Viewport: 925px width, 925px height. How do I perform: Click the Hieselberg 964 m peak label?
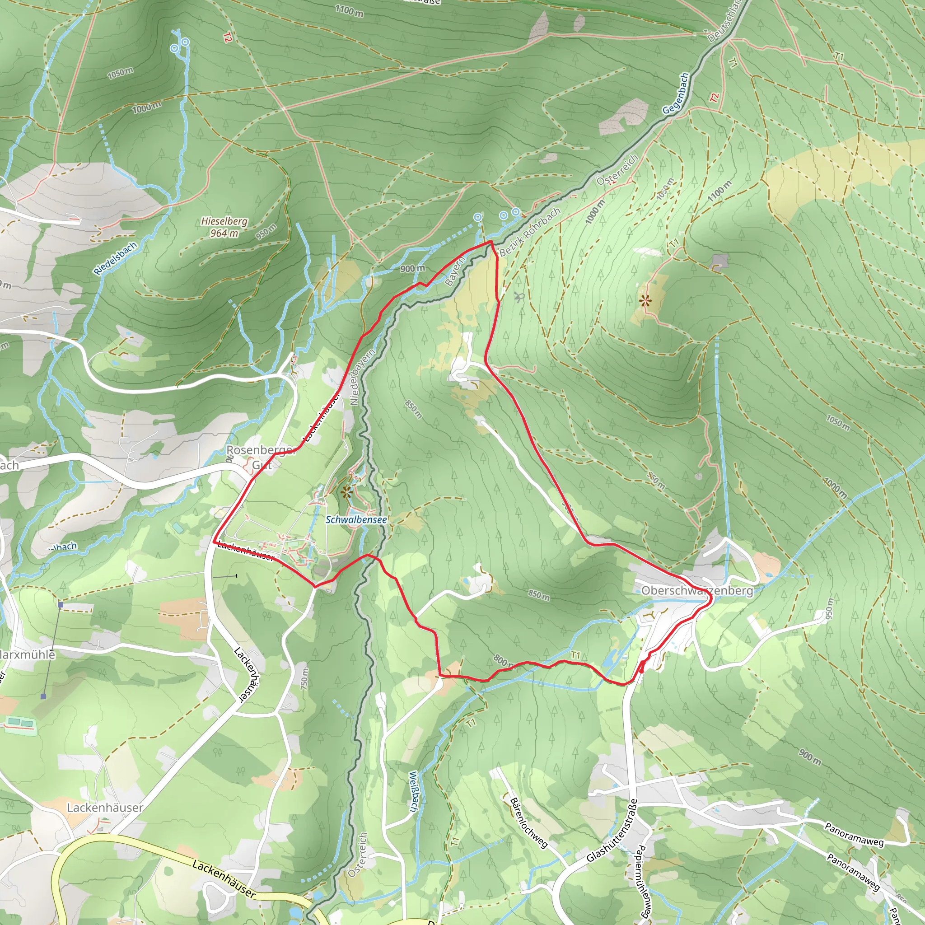click(x=224, y=227)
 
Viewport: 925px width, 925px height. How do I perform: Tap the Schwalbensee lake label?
click(x=356, y=519)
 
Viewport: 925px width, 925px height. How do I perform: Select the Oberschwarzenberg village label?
click(x=696, y=590)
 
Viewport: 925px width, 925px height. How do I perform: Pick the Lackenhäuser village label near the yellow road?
click(x=105, y=808)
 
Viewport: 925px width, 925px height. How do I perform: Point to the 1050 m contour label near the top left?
click(x=120, y=73)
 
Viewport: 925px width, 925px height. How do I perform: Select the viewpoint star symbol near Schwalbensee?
click(x=346, y=491)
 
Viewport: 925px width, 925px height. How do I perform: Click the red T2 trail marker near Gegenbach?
click(x=715, y=98)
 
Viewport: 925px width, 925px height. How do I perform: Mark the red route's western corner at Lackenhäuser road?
click(x=213, y=542)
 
